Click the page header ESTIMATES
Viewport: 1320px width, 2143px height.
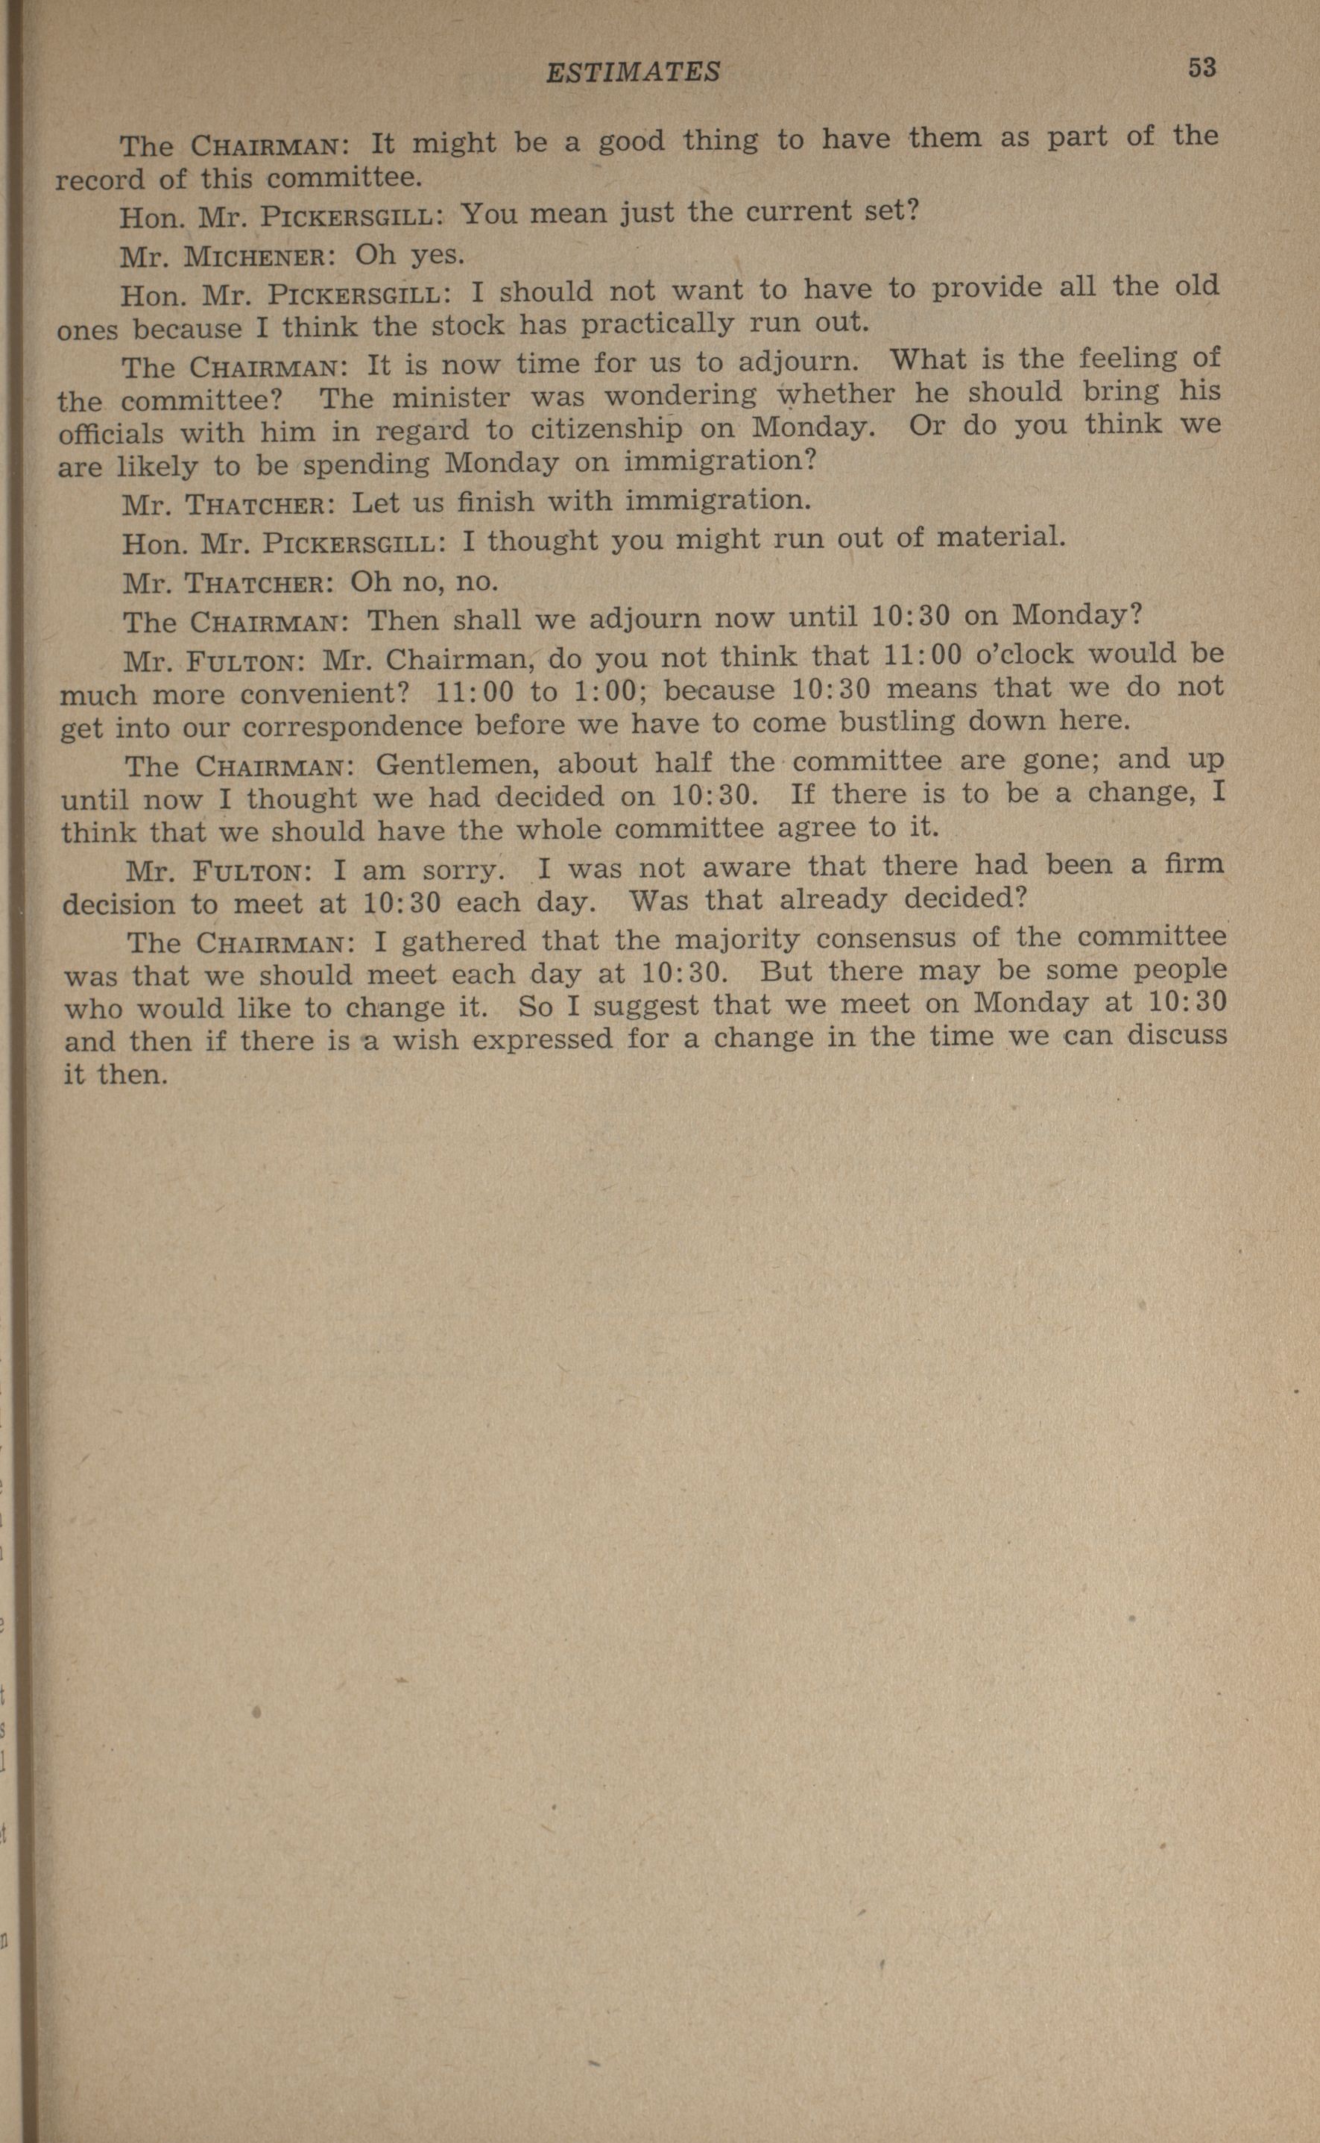click(633, 71)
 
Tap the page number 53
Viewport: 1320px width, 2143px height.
click(1201, 68)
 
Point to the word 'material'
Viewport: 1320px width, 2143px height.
click(1000, 536)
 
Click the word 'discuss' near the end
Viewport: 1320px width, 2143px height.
click(1178, 1035)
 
